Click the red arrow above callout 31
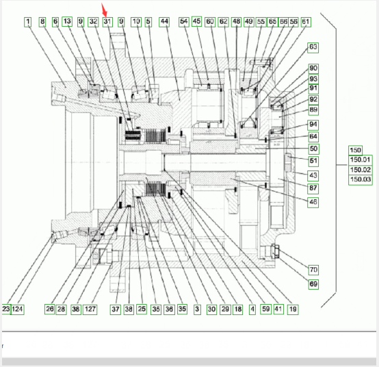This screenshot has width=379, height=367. [105, 10]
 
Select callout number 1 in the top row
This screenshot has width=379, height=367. [28, 22]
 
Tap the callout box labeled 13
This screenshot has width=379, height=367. [67, 21]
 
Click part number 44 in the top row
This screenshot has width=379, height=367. [164, 22]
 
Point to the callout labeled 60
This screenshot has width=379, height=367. [210, 22]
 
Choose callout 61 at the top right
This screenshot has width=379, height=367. [306, 22]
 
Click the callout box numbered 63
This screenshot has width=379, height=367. [313, 47]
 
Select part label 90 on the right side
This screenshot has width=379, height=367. [313, 68]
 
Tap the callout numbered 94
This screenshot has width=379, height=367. [313, 125]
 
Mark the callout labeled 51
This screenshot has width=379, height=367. [313, 161]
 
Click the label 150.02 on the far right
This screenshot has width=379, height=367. [361, 170]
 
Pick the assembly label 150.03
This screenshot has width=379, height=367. [361, 180]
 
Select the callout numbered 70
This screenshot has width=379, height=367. [313, 270]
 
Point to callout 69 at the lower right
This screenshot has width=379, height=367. [313, 284]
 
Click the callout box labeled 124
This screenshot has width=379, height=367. [17, 309]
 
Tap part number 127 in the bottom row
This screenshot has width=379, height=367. [90, 309]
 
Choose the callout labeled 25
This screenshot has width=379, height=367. [142, 309]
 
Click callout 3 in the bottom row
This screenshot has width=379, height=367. [197, 309]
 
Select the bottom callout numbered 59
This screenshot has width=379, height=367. [266, 309]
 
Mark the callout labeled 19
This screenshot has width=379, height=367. [293, 309]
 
